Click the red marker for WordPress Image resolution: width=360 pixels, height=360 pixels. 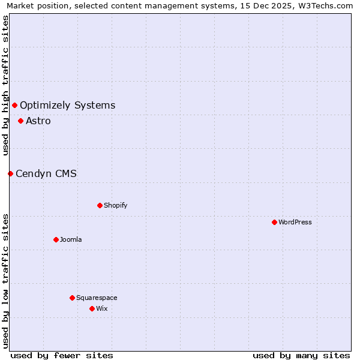click(274, 222)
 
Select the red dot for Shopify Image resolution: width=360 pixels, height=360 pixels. click(100, 205)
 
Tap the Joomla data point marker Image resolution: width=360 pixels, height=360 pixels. click(56, 239)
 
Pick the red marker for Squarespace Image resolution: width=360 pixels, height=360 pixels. click(72, 298)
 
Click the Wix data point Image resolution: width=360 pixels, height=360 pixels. click(92, 308)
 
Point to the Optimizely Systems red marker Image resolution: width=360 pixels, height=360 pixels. click(14, 106)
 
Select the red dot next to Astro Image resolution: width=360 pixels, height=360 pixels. click(20, 121)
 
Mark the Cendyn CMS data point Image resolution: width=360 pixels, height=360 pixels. click(10, 173)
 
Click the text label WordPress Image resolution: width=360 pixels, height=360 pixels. click(295, 222)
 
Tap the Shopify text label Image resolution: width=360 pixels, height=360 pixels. click(116, 205)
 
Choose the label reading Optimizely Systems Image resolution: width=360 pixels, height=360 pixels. click(67, 106)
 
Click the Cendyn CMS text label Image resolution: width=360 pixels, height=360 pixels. click(46, 173)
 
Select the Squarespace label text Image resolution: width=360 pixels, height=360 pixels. click(97, 298)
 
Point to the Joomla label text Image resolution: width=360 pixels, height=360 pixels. click(71, 239)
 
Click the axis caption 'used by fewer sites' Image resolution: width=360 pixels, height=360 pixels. click(62, 355)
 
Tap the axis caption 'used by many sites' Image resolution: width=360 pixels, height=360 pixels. click(301, 355)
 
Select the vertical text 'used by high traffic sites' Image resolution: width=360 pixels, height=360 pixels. click(5, 85)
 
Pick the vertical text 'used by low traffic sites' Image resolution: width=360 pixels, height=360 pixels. click(5, 280)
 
